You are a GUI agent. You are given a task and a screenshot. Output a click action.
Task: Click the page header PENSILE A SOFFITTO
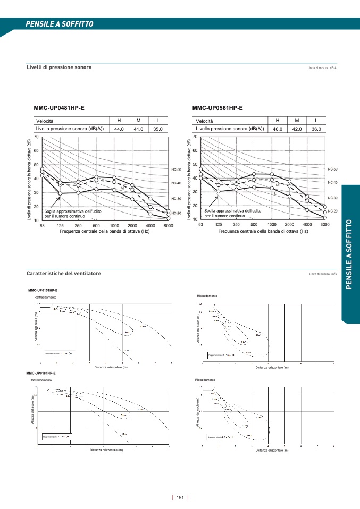(x=60, y=24)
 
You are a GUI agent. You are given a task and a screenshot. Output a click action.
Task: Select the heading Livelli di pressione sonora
(x=59, y=67)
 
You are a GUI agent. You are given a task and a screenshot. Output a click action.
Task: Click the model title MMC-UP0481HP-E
(x=59, y=108)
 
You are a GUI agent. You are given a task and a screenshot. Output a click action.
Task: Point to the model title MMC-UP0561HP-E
(x=217, y=108)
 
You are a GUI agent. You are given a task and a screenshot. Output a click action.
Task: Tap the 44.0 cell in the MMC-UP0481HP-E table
(x=119, y=129)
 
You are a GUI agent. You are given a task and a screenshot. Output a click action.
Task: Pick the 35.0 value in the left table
(x=158, y=129)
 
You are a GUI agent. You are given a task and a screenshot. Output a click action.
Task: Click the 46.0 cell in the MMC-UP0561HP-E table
(x=278, y=129)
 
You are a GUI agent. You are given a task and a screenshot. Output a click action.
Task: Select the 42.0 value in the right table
(x=297, y=129)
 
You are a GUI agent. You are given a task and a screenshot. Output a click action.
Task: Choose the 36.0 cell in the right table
(x=316, y=129)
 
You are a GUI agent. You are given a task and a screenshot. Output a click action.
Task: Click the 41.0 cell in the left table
(x=138, y=129)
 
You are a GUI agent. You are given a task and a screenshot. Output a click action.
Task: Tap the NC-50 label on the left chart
(x=176, y=170)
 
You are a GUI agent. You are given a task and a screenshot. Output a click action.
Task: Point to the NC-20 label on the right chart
(x=332, y=211)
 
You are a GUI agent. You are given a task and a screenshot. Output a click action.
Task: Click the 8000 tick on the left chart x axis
(x=168, y=226)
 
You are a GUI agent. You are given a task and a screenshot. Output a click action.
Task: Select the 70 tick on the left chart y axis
(x=36, y=137)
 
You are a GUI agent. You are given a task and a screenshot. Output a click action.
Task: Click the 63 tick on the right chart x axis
(x=200, y=225)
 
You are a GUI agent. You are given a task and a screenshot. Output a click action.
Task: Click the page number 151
(x=180, y=498)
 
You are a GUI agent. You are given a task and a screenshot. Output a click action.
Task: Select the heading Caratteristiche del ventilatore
(x=64, y=273)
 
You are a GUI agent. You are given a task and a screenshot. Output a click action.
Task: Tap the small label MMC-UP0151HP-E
(x=43, y=290)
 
